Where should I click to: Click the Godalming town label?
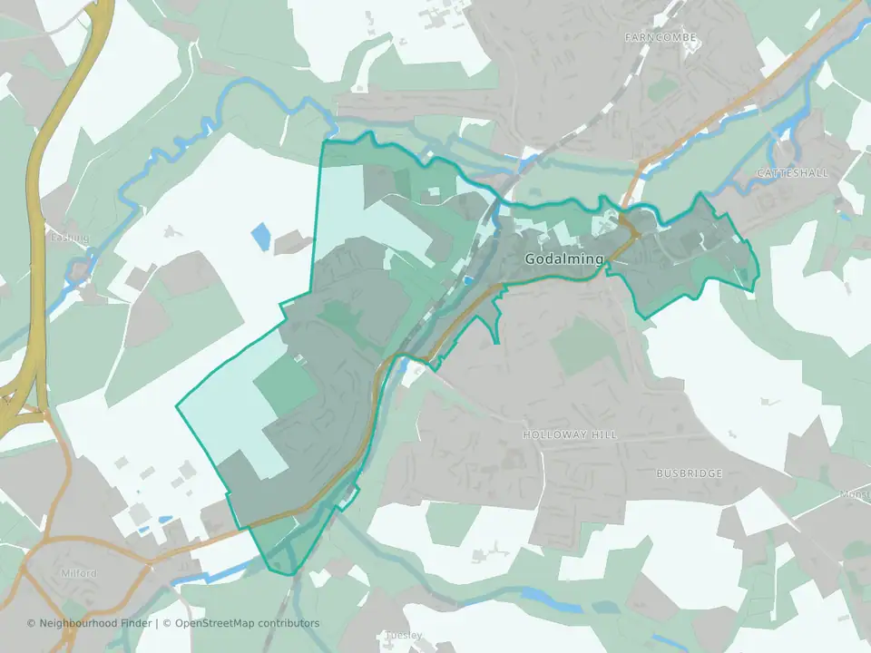563,259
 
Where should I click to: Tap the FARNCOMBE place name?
660,37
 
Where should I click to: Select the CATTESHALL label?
792,172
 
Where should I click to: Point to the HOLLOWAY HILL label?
570,435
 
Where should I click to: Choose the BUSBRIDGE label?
689,473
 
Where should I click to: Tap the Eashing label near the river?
70,239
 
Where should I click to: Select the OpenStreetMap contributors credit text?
247,623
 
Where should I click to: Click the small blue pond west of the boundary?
260,236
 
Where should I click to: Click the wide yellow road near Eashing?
36,227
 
